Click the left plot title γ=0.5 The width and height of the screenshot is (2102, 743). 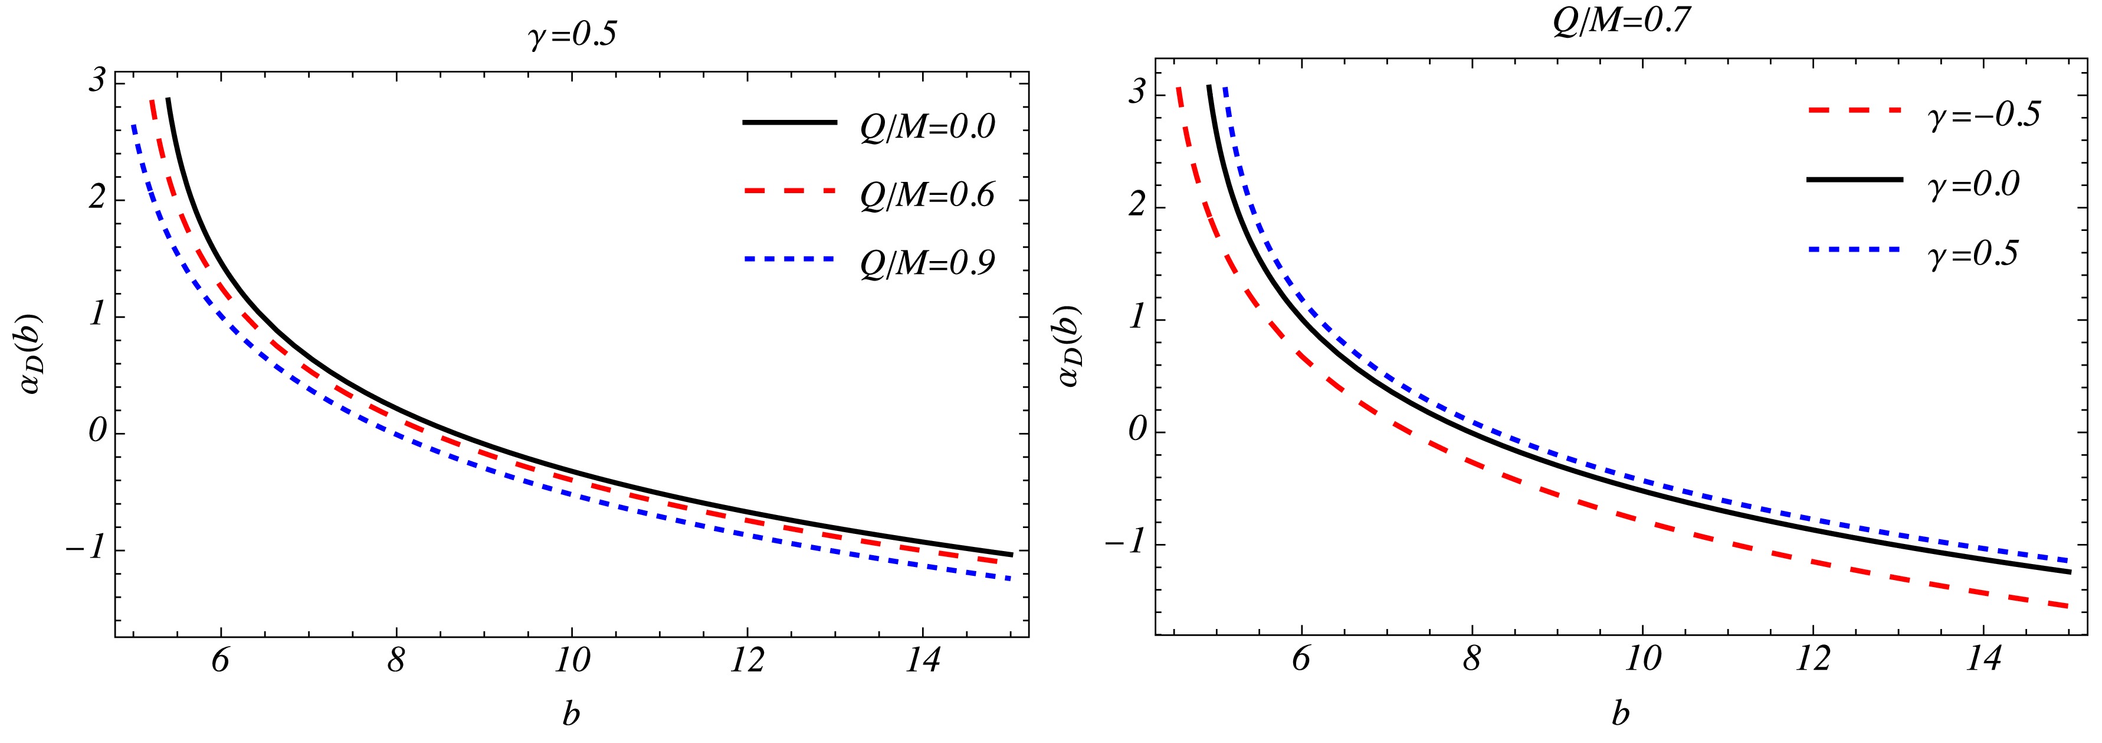(x=572, y=37)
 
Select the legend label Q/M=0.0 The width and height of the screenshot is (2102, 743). (x=928, y=128)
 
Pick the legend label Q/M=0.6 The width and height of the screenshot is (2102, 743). (x=928, y=196)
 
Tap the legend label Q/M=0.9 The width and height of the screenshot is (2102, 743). (x=928, y=264)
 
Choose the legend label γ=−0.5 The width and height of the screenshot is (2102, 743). (x=1983, y=115)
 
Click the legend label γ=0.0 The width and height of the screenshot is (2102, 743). (x=1973, y=184)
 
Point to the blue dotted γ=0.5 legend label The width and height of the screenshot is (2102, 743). (x=1973, y=254)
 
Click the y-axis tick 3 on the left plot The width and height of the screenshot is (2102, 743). (x=97, y=83)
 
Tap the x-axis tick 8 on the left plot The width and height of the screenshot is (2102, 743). (x=396, y=660)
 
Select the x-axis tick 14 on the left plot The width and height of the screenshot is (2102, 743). (x=922, y=660)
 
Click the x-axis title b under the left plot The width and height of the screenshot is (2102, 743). (x=571, y=715)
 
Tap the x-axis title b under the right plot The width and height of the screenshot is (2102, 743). (x=1621, y=715)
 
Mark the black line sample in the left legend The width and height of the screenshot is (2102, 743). (x=789, y=122)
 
